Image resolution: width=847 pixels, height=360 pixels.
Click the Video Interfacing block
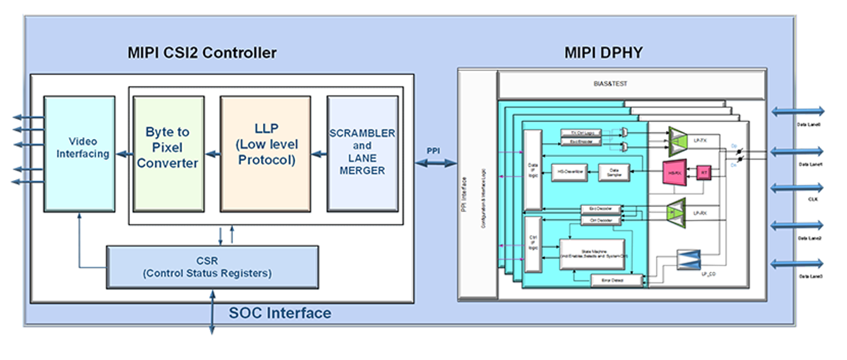pos(79,153)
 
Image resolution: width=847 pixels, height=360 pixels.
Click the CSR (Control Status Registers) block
pos(212,267)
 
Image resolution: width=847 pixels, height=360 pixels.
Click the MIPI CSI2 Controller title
pos(202,52)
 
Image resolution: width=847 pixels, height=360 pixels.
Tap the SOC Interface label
pos(280,313)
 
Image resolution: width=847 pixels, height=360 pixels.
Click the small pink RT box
pos(704,173)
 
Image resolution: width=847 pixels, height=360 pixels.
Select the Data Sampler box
pos(613,173)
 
